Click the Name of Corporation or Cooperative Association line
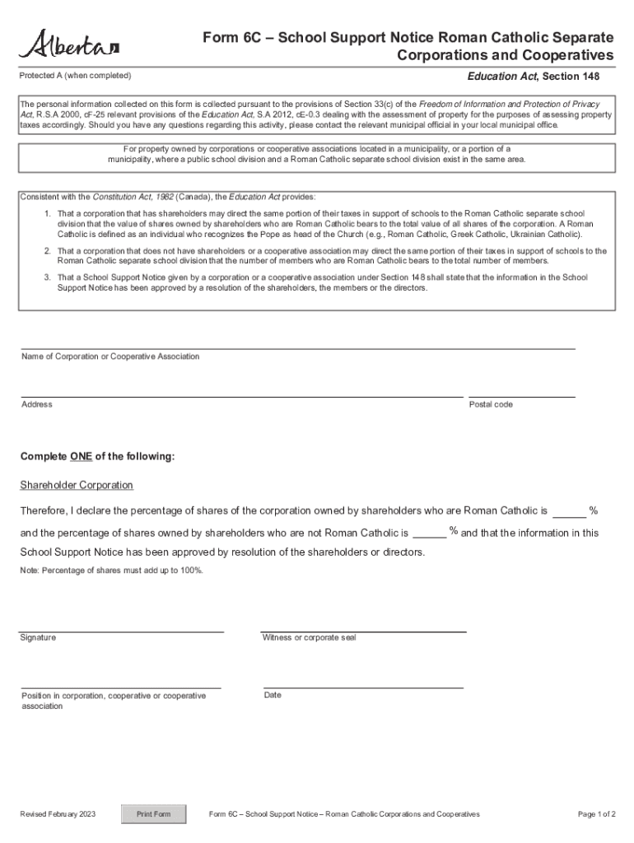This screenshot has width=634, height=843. [x=297, y=348]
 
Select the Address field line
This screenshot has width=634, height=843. [x=241, y=396]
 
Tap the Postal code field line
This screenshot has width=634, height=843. [x=521, y=396]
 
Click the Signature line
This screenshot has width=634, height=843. [x=122, y=631]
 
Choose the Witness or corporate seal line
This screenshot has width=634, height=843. [x=364, y=631]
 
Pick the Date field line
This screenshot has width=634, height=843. [x=363, y=687]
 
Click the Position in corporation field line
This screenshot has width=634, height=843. [x=121, y=687]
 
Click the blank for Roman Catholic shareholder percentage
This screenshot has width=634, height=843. [x=569, y=516]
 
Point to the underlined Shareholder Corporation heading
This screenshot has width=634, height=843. [x=77, y=485]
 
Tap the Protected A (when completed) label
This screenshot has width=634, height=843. [x=75, y=76]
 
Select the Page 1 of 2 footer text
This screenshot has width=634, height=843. [x=597, y=814]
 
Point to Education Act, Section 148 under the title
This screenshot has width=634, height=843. [x=533, y=77]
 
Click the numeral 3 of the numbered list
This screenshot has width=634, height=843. [x=47, y=277]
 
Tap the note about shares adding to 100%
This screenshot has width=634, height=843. [x=111, y=571]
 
